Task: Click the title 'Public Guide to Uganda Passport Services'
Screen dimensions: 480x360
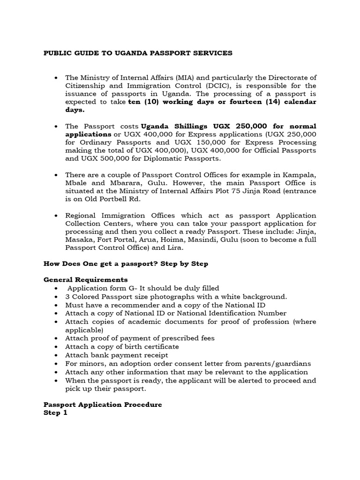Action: click(138, 53)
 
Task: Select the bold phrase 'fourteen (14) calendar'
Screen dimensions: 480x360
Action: click(274, 102)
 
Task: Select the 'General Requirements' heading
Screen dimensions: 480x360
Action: click(85, 280)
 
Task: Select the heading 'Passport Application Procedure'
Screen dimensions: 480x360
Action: click(103, 405)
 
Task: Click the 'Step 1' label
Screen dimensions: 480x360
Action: click(55, 412)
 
